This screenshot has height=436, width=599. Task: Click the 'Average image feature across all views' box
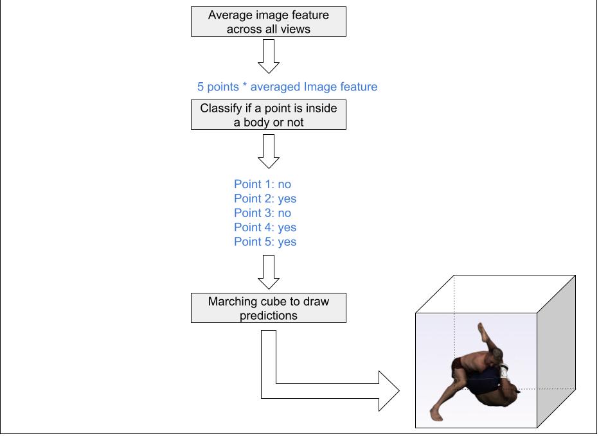tap(268, 22)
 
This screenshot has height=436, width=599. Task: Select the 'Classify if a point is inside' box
tap(268, 115)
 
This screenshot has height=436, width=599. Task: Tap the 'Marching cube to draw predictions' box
tap(268, 308)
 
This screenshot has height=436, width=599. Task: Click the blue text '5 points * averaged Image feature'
tap(287, 87)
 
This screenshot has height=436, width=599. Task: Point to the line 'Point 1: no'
tap(262, 184)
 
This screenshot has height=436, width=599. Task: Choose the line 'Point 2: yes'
tap(265, 199)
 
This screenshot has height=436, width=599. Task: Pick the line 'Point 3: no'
tap(262, 213)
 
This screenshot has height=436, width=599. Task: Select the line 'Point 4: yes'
tap(265, 227)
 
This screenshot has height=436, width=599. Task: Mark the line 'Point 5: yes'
tap(265, 242)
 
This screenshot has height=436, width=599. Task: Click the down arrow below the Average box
tap(268, 57)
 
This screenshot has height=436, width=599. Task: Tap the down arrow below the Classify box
tap(268, 152)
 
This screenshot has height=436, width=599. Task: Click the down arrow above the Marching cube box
tap(268, 272)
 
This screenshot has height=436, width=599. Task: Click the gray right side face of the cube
tap(556, 350)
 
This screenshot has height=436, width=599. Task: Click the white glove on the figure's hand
tap(503, 371)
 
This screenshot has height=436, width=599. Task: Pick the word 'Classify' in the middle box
tap(221, 108)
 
